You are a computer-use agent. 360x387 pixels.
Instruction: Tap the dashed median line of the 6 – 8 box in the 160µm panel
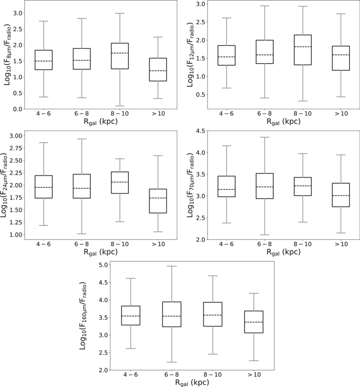coord(172,316)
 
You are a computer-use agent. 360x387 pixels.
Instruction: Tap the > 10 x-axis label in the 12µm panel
coord(341,113)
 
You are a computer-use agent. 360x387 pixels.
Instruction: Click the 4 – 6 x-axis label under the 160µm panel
coord(130,375)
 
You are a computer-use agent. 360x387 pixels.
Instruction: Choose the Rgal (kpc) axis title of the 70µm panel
coord(283,252)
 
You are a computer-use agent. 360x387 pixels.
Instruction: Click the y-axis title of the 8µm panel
coord(7,54)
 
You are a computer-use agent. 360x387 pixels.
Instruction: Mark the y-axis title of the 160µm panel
coord(83,316)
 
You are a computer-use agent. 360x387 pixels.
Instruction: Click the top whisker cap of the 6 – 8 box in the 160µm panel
coord(172,266)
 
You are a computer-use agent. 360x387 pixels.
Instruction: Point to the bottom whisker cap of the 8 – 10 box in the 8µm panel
coord(120,106)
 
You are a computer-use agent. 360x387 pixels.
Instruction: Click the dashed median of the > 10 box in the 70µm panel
coord(341,196)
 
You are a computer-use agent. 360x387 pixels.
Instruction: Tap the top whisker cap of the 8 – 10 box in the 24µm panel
coord(120,159)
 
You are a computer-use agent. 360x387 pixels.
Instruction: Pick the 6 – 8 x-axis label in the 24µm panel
coord(82,244)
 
